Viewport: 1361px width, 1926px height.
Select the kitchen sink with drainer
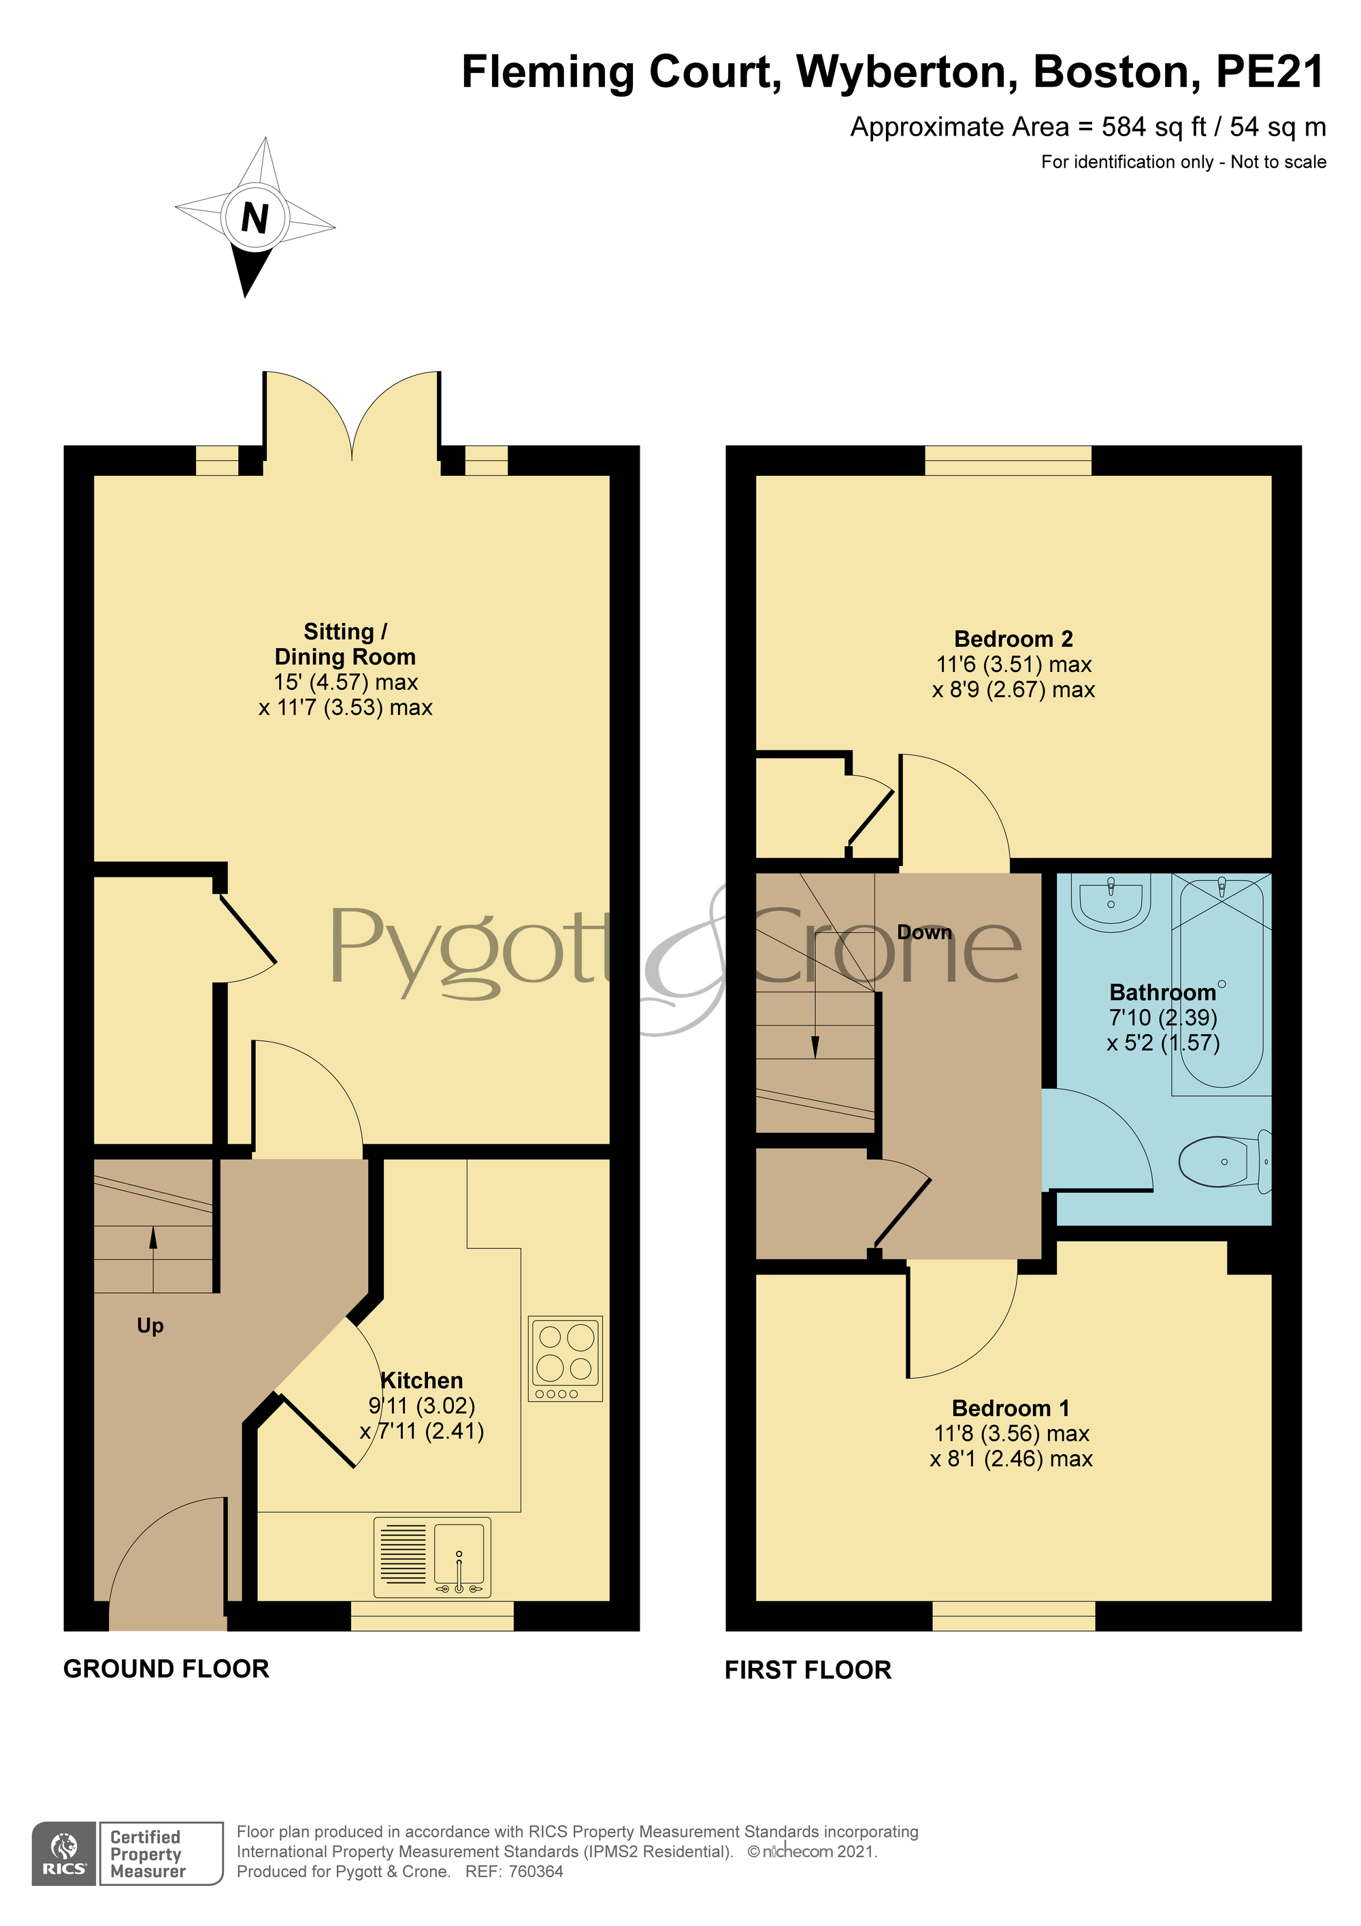point(432,1557)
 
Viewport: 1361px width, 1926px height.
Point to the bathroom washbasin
point(1111,902)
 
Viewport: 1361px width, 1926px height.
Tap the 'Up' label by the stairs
point(150,1326)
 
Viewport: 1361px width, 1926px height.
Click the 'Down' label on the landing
point(924,932)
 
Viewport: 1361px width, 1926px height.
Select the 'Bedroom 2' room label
point(1013,639)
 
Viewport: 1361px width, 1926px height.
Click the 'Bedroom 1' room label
point(1011,1408)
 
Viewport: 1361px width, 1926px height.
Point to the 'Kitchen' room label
point(422,1380)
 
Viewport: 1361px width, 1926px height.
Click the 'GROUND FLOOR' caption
point(166,1669)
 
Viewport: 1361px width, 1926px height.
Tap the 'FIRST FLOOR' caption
point(808,1670)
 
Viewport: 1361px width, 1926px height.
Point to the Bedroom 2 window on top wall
point(1008,460)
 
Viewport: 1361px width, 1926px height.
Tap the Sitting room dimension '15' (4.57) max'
point(346,682)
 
